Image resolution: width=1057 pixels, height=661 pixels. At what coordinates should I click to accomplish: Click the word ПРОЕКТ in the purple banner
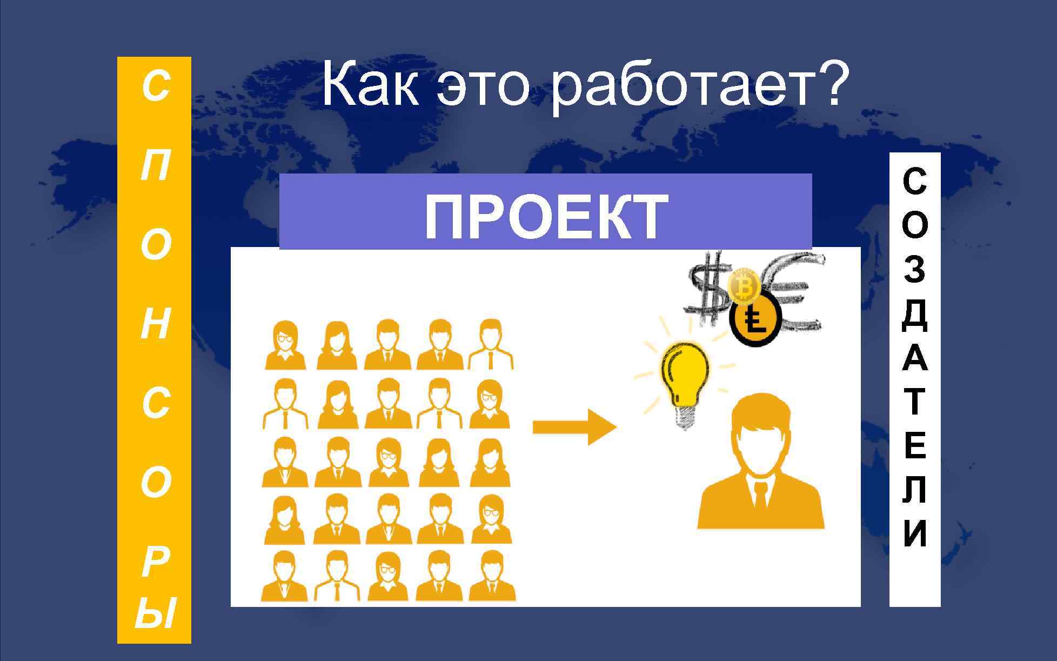[x=545, y=217]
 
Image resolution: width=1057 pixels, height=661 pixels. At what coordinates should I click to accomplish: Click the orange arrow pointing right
[x=574, y=427]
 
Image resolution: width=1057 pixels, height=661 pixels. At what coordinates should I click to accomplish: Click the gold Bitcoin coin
[x=745, y=287]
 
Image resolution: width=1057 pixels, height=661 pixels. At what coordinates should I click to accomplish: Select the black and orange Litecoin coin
[x=754, y=322]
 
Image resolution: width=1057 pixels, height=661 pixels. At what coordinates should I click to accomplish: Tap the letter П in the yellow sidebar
[x=154, y=166]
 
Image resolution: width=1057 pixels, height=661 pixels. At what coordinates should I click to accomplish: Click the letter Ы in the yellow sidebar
[x=154, y=613]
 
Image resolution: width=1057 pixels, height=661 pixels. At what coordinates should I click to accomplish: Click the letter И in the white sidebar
[x=914, y=533]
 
